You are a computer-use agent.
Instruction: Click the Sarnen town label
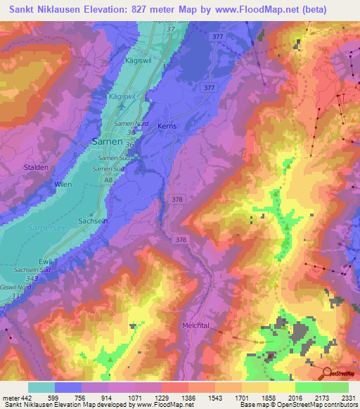(108, 141)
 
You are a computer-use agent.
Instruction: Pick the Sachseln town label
(93, 221)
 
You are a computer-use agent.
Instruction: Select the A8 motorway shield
(108, 180)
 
